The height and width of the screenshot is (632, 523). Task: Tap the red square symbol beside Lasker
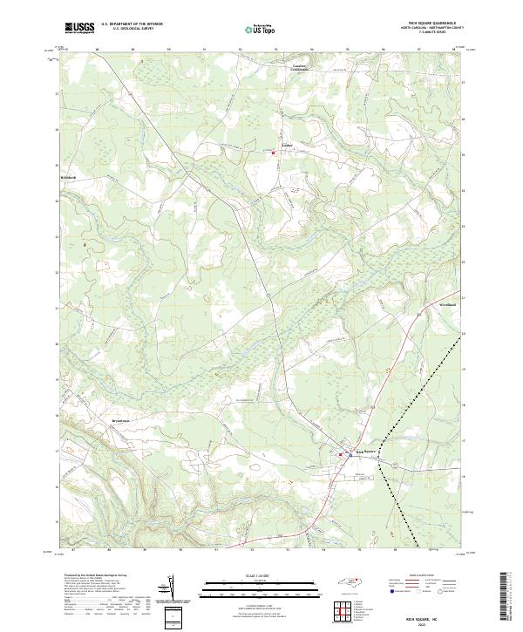275,153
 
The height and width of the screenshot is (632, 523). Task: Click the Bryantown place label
76,419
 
